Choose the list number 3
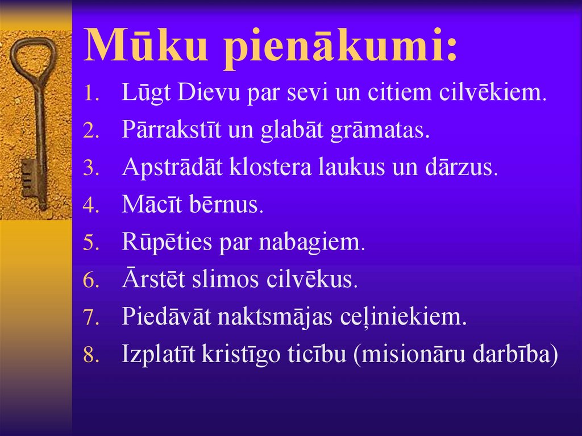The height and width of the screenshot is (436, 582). pyautogui.click(x=90, y=169)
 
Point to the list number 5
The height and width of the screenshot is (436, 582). pyautogui.click(x=90, y=243)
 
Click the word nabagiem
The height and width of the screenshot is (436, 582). pyautogui.click(x=312, y=242)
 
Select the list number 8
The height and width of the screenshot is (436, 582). pyautogui.click(x=90, y=355)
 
